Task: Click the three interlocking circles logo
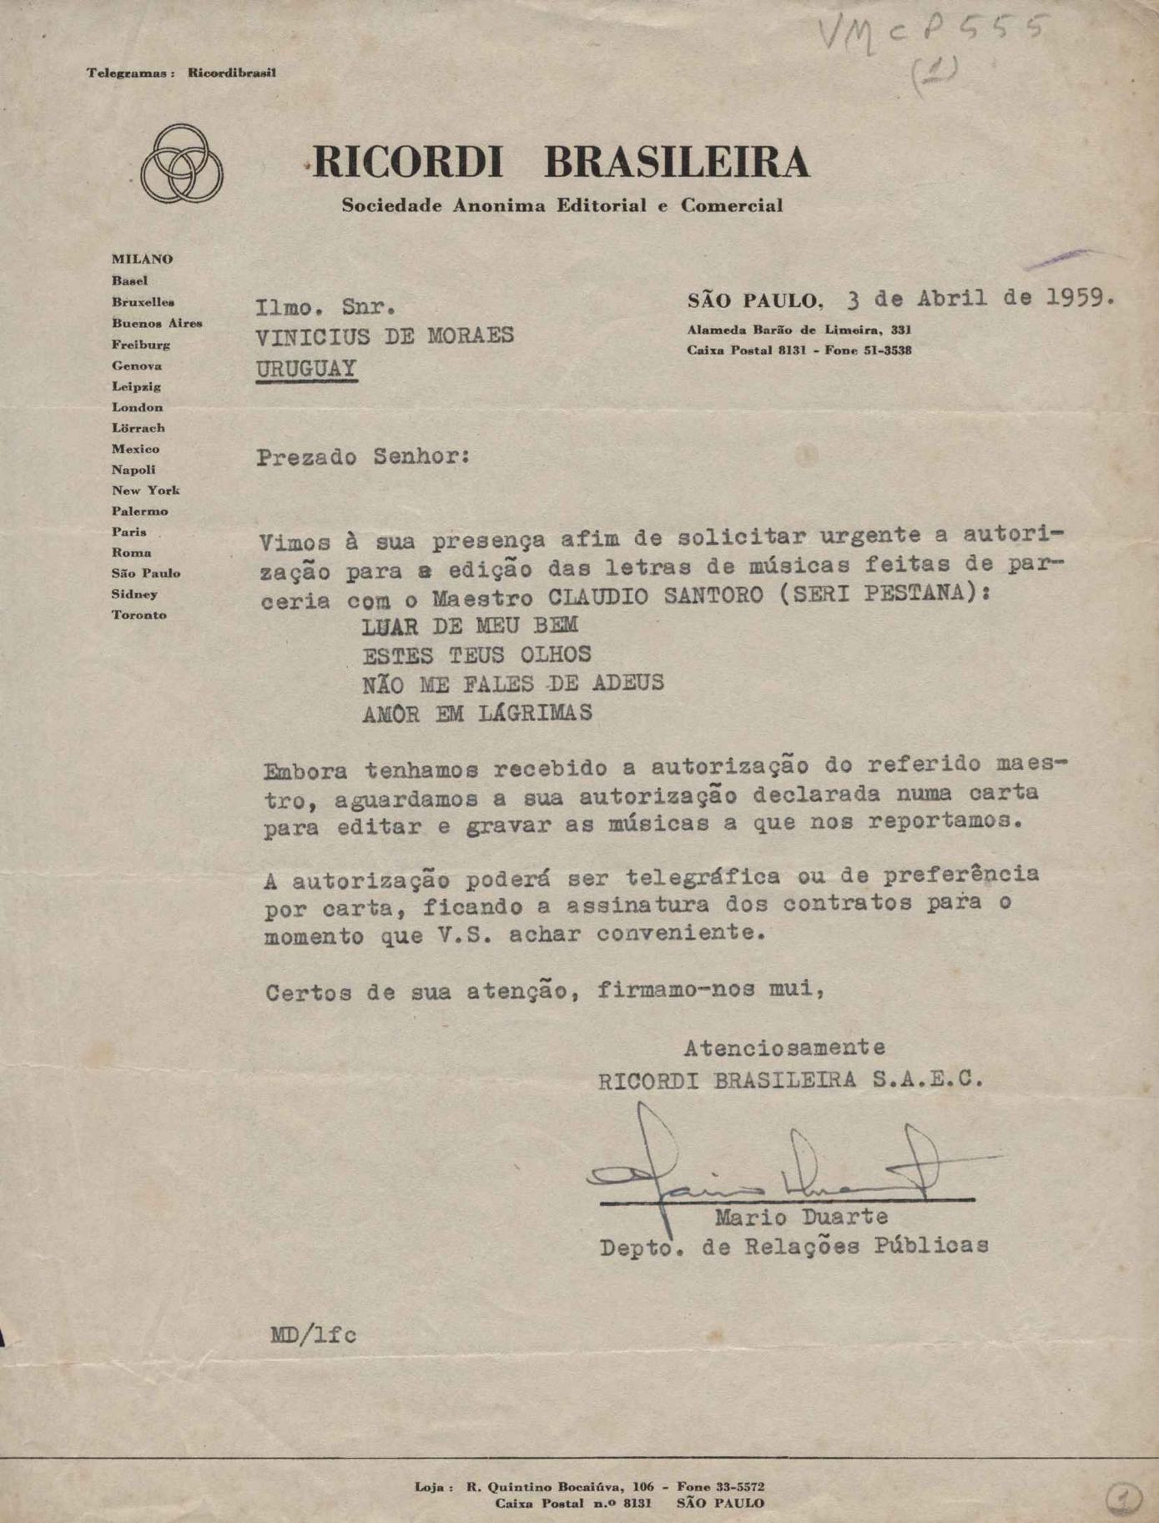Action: click(181, 164)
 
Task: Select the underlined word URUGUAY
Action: click(306, 369)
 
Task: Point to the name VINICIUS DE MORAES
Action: click(385, 336)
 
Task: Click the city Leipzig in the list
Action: click(136, 386)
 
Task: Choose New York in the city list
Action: click(145, 491)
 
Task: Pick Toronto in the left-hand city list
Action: click(139, 615)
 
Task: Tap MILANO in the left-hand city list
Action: click(142, 260)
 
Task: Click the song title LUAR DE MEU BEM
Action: click(470, 625)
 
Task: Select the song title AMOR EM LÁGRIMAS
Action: click(476, 714)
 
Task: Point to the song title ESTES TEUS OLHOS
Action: click(476, 654)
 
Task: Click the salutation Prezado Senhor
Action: click(363, 457)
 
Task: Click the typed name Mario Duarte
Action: click(800, 1217)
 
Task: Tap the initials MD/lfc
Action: click(313, 1335)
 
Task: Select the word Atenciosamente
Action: click(784, 1046)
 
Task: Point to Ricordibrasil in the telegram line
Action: click(231, 73)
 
